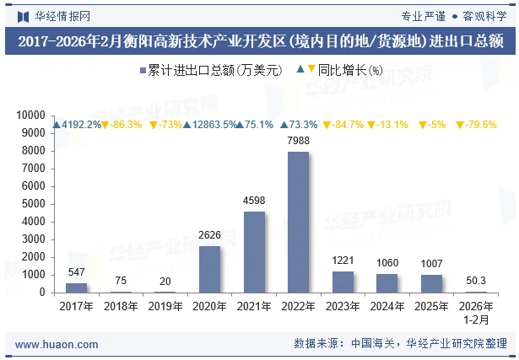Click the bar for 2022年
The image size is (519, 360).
(x=298, y=223)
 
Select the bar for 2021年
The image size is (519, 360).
(x=254, y=252)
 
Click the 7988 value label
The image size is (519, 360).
(x=298, y=140)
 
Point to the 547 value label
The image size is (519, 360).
(x=76, y=272)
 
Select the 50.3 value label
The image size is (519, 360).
(x=476, y=281)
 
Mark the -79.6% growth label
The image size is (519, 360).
(x=476, y=125)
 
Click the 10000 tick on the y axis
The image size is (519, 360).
(x=30, y=116)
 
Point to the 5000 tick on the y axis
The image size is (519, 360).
(x=33, y=204)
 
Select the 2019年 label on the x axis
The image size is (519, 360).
(x=165, y=307)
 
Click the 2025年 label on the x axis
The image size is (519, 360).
(x=431, y=307)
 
